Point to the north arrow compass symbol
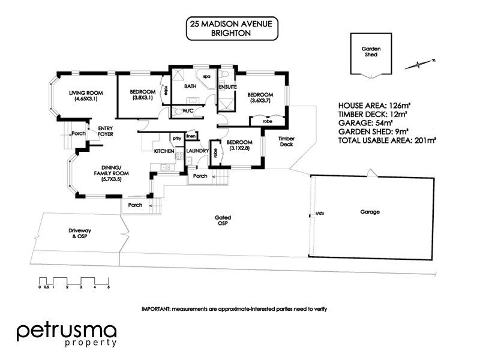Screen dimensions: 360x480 (421, 62)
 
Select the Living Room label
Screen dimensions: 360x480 (86, 95)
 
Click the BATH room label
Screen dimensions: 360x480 (190, 86)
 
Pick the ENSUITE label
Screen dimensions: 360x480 (227, 86)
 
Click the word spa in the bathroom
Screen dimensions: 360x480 (206, 77)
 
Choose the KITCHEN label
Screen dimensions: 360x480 (164, 151)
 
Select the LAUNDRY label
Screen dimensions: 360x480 (197, 151)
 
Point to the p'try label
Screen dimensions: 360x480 (177, 139)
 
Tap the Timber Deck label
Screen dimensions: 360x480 (286, 142)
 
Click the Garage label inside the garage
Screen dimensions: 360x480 (370, 212)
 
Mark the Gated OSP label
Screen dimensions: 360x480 (224, 221)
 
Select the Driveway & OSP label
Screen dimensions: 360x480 (79, 233)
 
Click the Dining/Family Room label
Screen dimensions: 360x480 (112, 172)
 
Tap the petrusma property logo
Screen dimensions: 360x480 (66, 335)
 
